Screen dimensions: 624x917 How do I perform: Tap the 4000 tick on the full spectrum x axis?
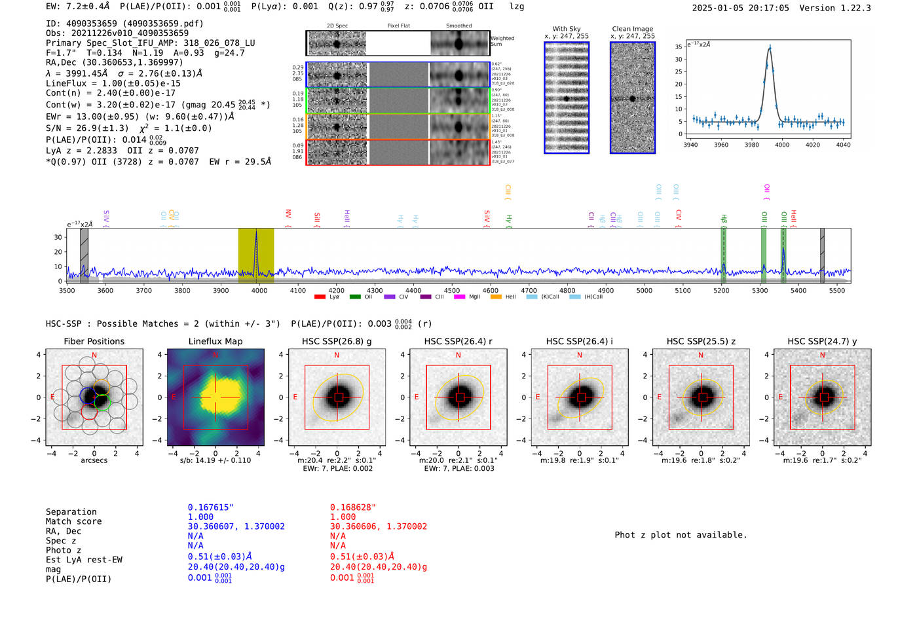pos(259,291)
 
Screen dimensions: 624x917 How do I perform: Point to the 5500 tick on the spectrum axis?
pos(837,291)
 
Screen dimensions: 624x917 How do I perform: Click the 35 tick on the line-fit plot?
pos(679,46)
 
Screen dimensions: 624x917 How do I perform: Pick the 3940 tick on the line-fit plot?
pos(690,145)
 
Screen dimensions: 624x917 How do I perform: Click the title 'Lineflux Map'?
pos(215,341)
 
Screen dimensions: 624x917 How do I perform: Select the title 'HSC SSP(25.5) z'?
pos(701,341)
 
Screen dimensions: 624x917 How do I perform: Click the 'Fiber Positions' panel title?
pos(94,341)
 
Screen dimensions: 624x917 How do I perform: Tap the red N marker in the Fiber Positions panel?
pos(94,355)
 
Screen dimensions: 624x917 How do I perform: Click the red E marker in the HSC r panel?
pos(417,397)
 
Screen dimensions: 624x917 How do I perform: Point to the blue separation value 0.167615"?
pos(210,507)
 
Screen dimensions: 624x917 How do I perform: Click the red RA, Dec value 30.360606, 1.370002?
pos(378,526)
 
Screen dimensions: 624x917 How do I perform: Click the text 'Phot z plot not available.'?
pos(681,535)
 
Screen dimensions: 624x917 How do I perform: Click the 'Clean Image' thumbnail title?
pos(632,29)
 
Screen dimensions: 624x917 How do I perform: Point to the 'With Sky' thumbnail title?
pos(566,29)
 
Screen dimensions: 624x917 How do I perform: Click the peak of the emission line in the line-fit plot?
pos(770,47)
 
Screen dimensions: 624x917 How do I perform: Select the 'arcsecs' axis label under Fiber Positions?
pos(94,460)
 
